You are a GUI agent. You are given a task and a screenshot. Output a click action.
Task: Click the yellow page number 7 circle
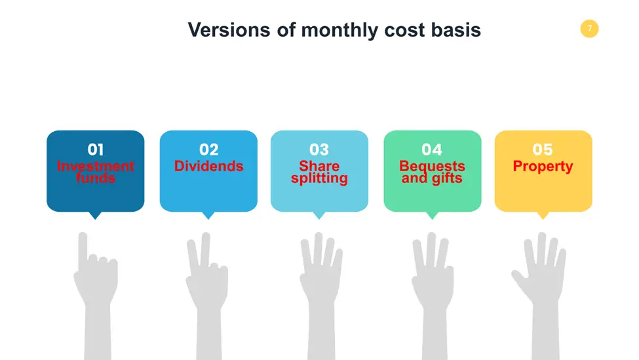click(x=589, y=29)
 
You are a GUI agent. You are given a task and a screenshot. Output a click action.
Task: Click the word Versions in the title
click(x=229, y=30)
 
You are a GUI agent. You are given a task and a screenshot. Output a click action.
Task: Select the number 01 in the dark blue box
click(x=96, y=150)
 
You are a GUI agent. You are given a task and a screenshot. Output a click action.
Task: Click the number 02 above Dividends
click(x=208, y=150)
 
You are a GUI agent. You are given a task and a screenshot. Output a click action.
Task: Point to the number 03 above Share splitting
click(x=319, y=150)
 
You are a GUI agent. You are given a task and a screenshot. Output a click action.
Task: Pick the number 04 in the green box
click(x=432, y=150)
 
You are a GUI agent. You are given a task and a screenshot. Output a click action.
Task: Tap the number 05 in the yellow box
click(x=543, y=150)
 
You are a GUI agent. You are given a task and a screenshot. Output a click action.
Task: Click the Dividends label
click(x=208, y=166)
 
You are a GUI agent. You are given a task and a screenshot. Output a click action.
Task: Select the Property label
click(x=543, y=167)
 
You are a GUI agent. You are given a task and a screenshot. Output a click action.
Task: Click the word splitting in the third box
click(x=319, y=178)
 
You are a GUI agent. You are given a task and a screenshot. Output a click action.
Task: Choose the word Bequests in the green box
click(x=432, y=166)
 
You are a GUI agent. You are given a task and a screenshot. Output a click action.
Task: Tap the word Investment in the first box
click(x=96, y=166)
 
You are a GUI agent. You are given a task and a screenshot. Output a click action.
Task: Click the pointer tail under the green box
click(x=432, y=215)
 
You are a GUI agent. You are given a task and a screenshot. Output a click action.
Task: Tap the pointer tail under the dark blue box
click(x=96, y=215)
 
